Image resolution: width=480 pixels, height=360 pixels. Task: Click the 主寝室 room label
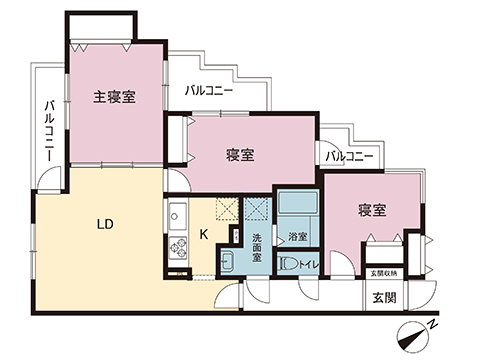[x=114, y=97]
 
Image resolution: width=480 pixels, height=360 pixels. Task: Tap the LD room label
[x=104, y=224]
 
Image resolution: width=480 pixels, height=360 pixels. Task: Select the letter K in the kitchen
[x=204, y=235]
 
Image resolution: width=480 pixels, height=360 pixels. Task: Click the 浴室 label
[x=297, y=236]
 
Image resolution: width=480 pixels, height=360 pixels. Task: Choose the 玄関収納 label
[x=384, y=273]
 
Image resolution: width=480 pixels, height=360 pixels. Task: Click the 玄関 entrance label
[x=385, y=297]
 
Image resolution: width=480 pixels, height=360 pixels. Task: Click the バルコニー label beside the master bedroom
[x=208, y=90]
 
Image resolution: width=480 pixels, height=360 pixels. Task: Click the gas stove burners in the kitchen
[x=179, y=245]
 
